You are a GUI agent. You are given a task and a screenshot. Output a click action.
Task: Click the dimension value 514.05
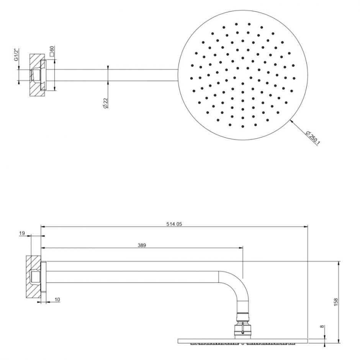174,224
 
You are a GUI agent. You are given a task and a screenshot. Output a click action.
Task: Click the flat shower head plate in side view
243,340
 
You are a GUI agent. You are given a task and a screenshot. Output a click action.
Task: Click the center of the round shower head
242,75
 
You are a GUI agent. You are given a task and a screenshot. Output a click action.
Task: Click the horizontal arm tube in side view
130,277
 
